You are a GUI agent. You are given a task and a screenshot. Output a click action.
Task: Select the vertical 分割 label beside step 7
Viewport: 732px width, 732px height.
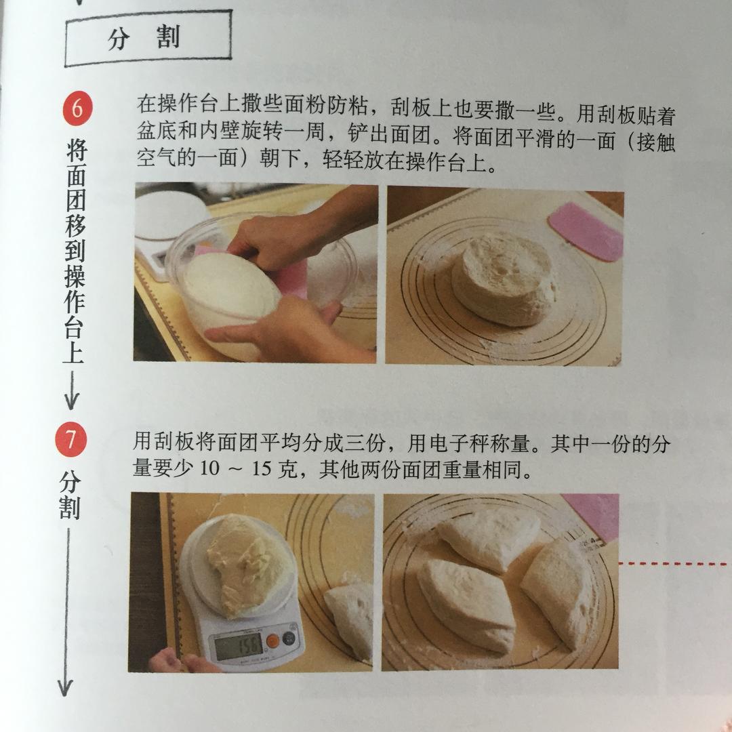click(70, 495)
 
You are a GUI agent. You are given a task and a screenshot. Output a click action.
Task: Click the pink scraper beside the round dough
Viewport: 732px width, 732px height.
click(587, 230)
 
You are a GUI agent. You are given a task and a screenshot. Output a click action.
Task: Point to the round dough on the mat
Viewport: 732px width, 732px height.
click(505, 278)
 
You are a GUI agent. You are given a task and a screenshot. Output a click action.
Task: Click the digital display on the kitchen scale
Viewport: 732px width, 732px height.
click(239, 646)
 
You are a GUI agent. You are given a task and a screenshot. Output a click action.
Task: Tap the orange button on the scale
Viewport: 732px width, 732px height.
click(272, 640)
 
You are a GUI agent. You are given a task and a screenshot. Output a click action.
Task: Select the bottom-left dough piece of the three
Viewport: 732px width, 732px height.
click(468, 603)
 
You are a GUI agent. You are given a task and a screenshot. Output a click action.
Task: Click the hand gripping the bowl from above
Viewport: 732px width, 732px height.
click(271, 237)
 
